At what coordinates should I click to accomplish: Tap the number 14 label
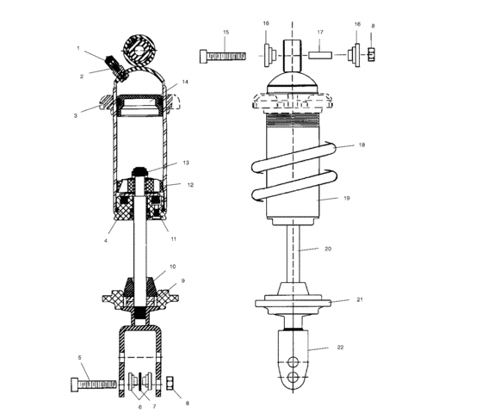(x=185, y=83)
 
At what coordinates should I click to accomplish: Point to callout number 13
(x=186, y=163)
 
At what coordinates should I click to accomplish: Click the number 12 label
(x=191, y=184)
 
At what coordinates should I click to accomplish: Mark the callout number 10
(x=173, y=267)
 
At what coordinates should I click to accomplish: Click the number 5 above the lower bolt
(x=80, y=356)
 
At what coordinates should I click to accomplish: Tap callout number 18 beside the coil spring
(x=362, y=145)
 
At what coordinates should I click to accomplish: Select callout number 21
(x=360, y=300)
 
